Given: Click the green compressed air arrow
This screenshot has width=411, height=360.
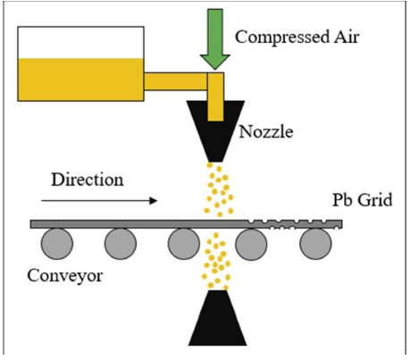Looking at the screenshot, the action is click(x=215, y=39).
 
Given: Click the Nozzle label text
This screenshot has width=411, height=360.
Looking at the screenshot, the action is click(x=266, y=131).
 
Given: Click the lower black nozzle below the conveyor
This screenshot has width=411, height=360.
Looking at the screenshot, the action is click(x=218, y=318).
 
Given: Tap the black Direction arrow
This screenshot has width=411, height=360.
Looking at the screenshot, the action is click(x=99, y=201).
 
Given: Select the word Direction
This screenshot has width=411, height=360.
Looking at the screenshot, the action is click(x=88, y=180).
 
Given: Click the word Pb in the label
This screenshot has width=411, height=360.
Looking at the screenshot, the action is click(x=342, y=200).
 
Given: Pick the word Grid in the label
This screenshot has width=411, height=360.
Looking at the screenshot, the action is click(x=375, y=200).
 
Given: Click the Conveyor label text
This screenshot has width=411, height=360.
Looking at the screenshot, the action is click(x=64, y=276).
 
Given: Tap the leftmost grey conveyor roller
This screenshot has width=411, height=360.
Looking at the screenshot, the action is click(x=57, y=244).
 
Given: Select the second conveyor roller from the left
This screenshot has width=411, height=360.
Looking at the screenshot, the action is click(x=121, y=244).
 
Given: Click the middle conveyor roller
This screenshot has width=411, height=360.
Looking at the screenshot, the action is click(x=184, y=244).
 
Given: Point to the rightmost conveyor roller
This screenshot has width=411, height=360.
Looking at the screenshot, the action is click(x=315, y=244).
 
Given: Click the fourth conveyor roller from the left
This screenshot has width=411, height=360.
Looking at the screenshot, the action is click(x=251, y=244).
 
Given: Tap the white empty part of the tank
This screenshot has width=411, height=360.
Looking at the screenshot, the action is click(x=80, y=43).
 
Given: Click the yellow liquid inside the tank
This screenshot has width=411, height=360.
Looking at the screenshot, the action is click(x=80, y=80).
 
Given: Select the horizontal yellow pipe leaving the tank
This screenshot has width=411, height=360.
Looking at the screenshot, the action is click(x=175, y=81).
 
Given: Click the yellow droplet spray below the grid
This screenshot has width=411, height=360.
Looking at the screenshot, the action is click(x=216, y=261).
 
